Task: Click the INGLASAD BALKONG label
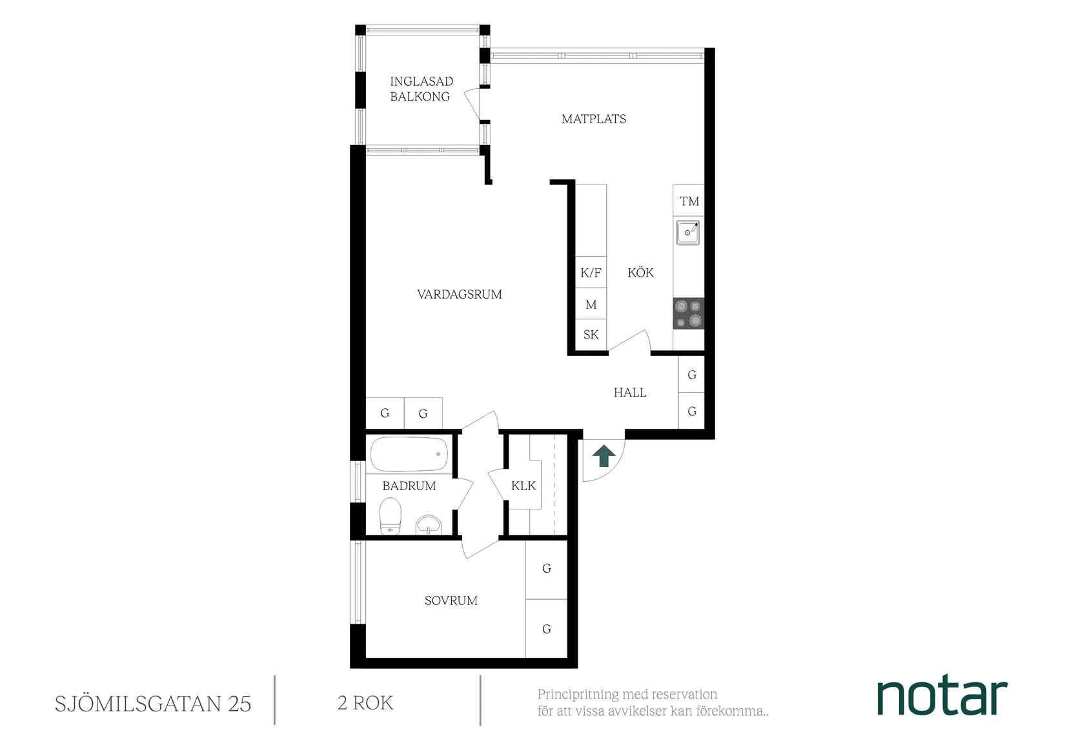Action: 420,89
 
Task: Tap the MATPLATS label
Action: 594,119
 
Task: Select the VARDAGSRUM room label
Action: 460,295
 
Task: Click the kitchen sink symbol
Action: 688,232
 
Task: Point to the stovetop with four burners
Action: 688,313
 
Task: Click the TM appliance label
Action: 689,201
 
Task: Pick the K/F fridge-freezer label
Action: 591,273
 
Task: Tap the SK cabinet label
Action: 591,335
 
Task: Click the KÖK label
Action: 641,273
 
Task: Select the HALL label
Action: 630,393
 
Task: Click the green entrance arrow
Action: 604,455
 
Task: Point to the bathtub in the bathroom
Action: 409,454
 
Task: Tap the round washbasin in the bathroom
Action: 429,525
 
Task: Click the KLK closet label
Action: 523,486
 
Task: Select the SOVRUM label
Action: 451,601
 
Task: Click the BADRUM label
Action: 409,486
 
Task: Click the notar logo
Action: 942,697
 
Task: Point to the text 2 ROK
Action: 365,703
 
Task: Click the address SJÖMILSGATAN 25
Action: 153,704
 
